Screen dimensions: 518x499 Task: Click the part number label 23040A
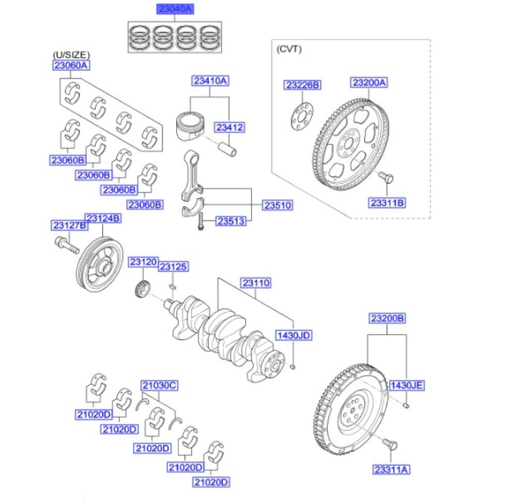pyautogui.click(x=175, y=9)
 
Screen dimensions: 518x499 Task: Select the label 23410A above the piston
pyautogui.click(x=210, y=81)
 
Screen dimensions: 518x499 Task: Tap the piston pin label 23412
pyautogui.click(x=229, y=127)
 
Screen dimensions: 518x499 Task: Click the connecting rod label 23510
pyautogui.click(x=278, y=205)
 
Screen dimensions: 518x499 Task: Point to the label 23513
pyautogui.click(x=231, y=221)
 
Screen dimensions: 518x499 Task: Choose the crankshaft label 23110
pyautogui.click(x=256, y=283)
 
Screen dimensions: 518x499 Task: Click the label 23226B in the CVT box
pyautogui.click(x=303, y=85)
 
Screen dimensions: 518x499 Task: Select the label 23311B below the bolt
pyautogui.click(x=387, y=203)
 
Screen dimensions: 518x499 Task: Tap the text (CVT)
pyautogui.click(x=289, y=49)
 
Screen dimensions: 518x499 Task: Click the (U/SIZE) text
pyautogui.click(x=71, y=54)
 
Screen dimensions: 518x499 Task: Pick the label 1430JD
pyautogui.click(x=294, y=335)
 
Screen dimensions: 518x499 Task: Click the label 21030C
pyautogui.click(x=160, y=386)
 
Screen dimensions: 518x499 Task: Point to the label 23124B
pyautogui.click(x=103, y=218)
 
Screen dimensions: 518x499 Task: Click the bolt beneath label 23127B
pyautogui.click(x=67, y=245)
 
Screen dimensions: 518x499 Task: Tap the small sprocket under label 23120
pyautogui.click(x=143, y=288)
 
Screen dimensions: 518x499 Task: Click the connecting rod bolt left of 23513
pyautogui.click(x=200, y=221)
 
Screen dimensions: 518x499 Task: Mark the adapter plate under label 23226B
pyautogui.click(x=302, y=117)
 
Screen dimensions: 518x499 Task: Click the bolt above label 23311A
pyautogui.click(x=390, y=444)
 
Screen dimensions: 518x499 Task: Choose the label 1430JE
pyautogui.click(x=406, y=386)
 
